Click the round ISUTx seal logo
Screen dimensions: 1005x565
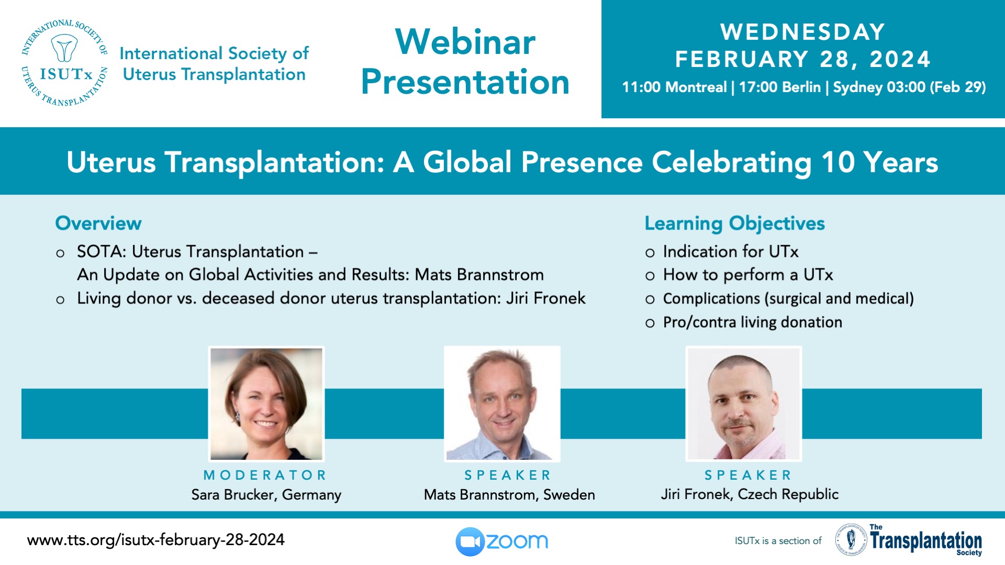(64, 63)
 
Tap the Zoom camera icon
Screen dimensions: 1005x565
(470, 541)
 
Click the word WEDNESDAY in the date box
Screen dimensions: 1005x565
(802, 32)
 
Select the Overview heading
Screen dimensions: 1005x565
(98, 223)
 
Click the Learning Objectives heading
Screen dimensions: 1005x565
(734, 223)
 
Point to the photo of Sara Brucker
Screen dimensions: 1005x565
(266, 404)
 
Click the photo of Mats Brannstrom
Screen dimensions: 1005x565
(502, 404)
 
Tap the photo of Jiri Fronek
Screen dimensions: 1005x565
(744, 404)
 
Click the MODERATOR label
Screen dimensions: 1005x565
(265, 475)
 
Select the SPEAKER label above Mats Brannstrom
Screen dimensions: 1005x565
(508, 475)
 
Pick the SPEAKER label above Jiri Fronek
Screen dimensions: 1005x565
(747, 475)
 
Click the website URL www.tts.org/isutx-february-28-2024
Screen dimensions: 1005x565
(156, 540)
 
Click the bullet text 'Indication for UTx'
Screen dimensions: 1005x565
(731, 252)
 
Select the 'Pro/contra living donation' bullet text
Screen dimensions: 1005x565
(753, 322)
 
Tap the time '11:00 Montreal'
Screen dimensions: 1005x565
(674, 87)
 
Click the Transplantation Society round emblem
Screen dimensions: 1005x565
(851, 539)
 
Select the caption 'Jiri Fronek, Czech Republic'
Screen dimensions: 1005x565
(750, 494)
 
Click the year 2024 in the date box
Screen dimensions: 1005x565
(900, 59)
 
